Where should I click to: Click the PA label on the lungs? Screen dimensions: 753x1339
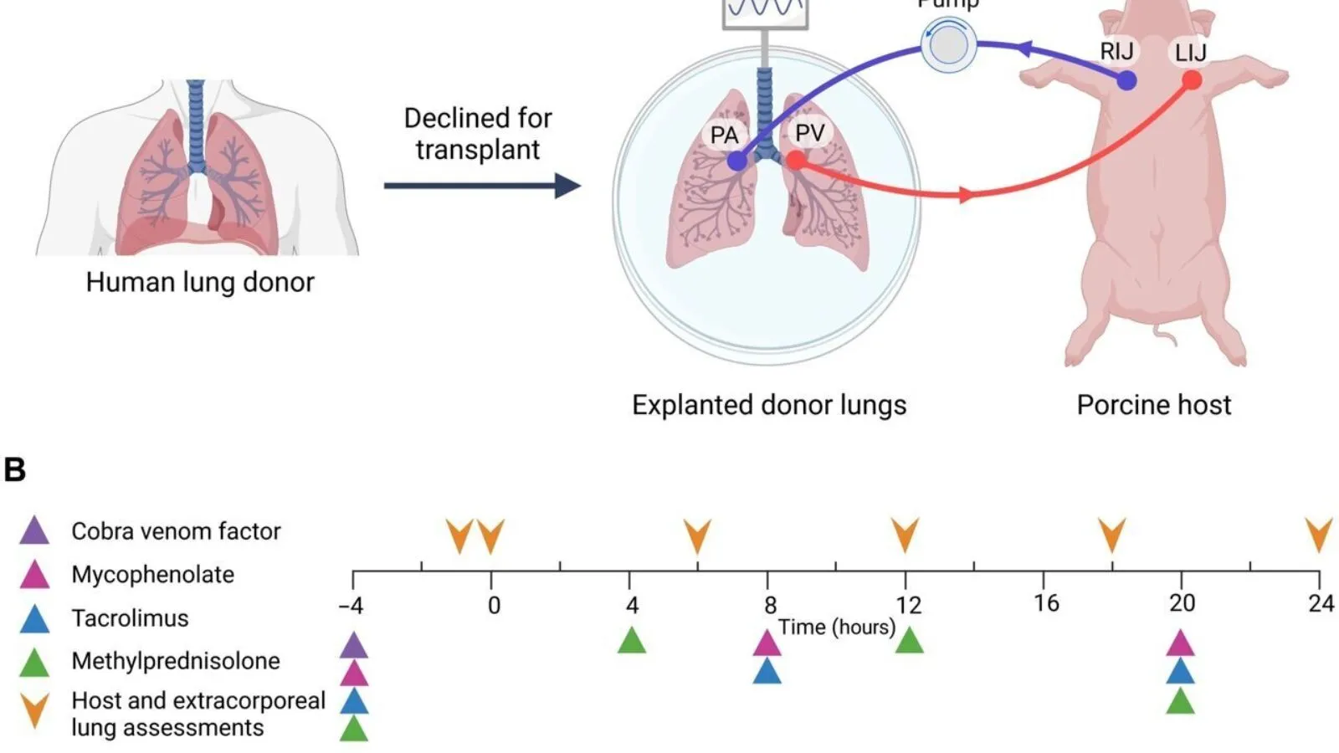tap(724, 136)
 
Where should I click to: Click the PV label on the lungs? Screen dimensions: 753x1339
tap(809, 133)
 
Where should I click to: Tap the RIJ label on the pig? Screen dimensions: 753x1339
tap(1116, 52)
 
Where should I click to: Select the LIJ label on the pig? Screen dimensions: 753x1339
tap(1190, 53)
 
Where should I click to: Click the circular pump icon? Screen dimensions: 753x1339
tap(948, 45)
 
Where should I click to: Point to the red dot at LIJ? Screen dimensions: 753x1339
tap(1192, 80)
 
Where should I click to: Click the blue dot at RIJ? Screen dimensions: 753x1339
tap(1127, 81)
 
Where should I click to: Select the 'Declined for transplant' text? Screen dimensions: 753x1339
tap(478, 134)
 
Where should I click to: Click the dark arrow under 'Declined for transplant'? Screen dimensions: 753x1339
tap(482, 185)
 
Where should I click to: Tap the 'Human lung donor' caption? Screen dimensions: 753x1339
tap(200, 282)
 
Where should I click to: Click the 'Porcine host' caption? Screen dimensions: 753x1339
tap(1153, 405)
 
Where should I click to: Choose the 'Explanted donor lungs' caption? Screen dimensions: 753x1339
tap(769, 405)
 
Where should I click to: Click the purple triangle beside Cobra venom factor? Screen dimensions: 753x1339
tap(34, 530)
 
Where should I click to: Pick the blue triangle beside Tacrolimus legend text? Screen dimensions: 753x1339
tap(34, 618)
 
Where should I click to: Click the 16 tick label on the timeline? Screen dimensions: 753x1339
tap(1045, 603)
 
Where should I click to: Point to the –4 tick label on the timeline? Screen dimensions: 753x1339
tap(351, 605)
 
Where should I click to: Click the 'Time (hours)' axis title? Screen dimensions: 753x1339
tap(836, 627)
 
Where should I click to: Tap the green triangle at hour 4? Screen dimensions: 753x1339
tap(632, 641)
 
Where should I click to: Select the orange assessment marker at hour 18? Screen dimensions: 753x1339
tap(1111, 535)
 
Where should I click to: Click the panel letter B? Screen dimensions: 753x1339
tap(15, 469)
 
